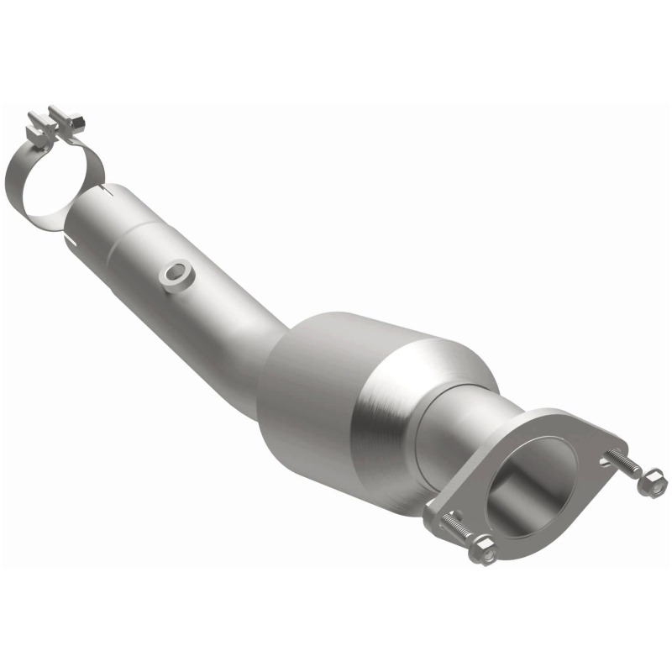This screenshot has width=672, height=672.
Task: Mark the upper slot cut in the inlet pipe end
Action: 107,195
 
